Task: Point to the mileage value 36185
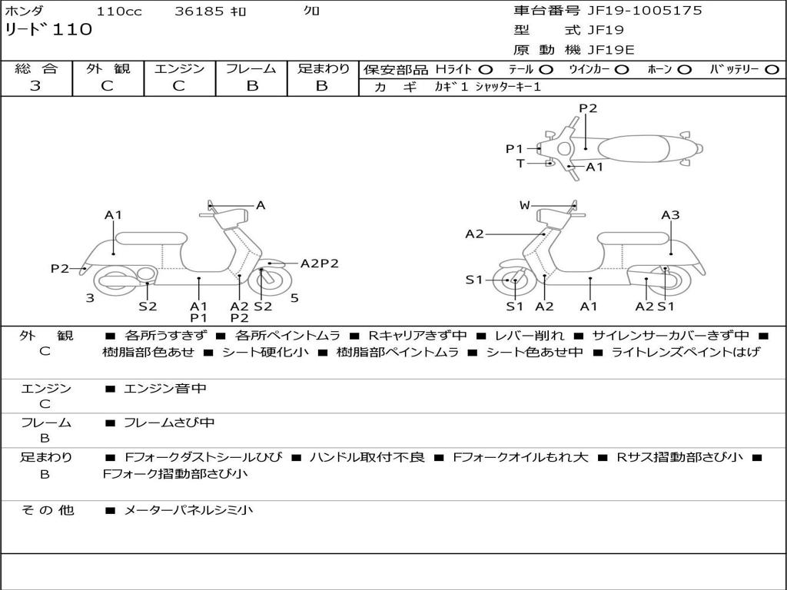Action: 199,12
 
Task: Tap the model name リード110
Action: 48,30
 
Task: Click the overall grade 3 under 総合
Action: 35,86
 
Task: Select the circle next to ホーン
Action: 685,70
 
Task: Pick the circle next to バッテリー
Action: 772,70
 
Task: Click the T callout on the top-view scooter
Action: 520,163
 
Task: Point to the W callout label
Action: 524,205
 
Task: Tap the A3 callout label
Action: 670,215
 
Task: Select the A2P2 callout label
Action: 319,263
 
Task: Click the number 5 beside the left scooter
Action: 294,297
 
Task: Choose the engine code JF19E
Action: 610,50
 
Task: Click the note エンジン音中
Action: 165,389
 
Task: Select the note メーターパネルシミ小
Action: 188,510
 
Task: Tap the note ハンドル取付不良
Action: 367,457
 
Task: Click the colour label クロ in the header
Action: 312,12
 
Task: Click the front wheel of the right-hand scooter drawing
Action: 513,281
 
